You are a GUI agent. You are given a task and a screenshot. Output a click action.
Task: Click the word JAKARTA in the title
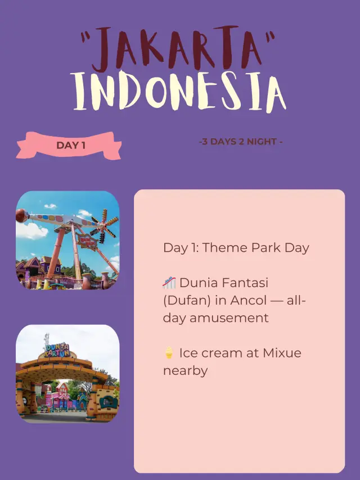point(179,51)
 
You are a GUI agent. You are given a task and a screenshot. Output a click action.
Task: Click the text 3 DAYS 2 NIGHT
point(240,142)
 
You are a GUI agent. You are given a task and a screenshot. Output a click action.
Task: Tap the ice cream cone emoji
point(169,353)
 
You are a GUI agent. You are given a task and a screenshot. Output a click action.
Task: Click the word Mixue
point(281,353)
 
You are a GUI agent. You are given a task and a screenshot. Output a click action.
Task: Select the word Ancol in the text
point(248,300)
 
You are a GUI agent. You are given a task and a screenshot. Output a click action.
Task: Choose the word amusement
point(231,318)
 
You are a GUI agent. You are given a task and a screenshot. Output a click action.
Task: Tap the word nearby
point(185,370)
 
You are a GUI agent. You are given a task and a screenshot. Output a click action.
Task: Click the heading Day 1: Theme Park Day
point(236,248)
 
